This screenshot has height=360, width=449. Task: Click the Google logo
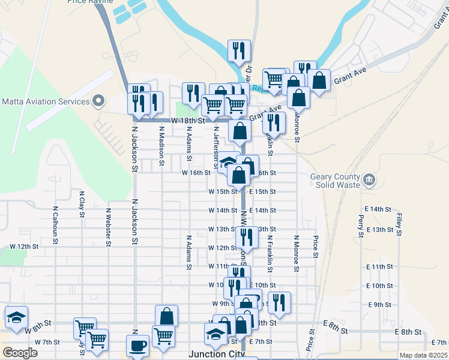(20, 353)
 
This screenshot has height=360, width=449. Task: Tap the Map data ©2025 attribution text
(423, 355)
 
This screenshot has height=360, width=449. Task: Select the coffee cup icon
(137, 346)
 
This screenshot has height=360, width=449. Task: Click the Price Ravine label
(91, 2)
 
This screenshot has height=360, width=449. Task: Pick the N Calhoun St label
(55, 224)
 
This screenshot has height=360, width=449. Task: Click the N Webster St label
(108, 227)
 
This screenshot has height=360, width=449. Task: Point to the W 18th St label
(184, 121)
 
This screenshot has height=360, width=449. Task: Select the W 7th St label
(47, 342)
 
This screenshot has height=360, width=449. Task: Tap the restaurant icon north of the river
(240, 52)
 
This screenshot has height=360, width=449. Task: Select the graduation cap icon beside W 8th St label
(16, 318)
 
